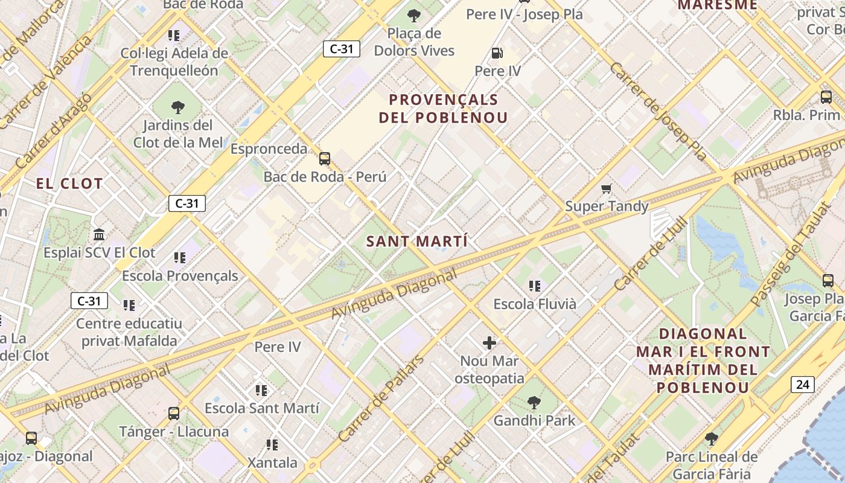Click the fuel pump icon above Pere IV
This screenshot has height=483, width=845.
(497, 53)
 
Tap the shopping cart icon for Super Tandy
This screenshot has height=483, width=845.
(607, 189)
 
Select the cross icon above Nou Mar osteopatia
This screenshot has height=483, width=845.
(489, 344)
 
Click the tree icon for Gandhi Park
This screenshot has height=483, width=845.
(534, 402)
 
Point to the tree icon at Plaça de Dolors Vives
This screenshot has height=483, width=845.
(414, 16)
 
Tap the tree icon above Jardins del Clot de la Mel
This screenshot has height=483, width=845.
(177, 107)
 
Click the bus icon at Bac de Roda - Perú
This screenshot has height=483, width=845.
(325, 159)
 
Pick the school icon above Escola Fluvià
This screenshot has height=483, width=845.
(534, 286)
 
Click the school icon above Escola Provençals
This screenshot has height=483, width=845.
(179, 258)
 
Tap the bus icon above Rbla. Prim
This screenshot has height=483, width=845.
(826, 97)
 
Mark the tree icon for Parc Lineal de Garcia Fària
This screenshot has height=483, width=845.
(711, 439)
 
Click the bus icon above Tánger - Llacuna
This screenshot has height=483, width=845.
(174, 414)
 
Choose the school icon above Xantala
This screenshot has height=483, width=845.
(272, 445)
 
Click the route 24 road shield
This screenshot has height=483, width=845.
(803, 385)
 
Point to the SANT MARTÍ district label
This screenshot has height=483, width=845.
(417, 241)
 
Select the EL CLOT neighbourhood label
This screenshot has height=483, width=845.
(69, 184)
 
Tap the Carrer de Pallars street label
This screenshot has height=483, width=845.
(381, 398)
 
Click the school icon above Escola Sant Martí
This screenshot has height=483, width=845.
(261, 391)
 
